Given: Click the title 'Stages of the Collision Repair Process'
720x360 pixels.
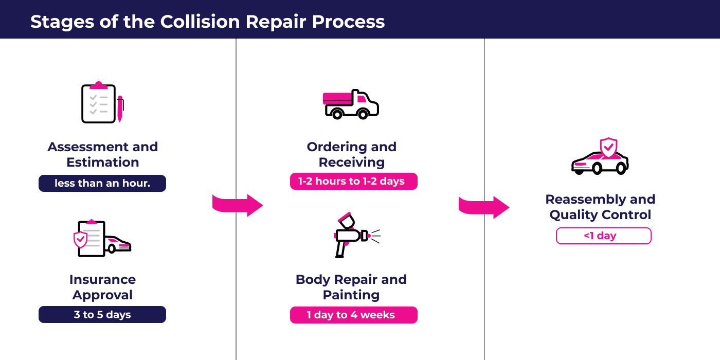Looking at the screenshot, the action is tap(207, 22).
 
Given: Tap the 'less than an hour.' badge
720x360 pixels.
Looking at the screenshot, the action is tap(102, 183).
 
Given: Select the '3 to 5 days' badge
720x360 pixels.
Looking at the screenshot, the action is tap(102, 314).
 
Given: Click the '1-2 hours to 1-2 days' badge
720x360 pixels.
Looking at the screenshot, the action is tap(354, 181).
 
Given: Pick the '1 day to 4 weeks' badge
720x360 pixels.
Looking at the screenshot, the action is tap(354, 315).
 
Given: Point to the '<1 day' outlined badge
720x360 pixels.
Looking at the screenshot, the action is tap(604, 236).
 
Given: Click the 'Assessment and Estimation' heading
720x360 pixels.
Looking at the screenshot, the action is tap(102, 154).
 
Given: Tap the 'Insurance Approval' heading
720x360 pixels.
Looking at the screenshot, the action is tap(102, 287).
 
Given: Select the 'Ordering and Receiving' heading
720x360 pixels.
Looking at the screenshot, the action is tap(352, 154).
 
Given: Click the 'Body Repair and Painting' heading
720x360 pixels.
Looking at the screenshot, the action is tap(351, 287).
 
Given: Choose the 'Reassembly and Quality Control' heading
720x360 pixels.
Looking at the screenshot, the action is tap(600, 207).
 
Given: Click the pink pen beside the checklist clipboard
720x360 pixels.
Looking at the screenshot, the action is tap(120, 109).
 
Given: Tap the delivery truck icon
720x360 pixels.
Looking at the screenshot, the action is tap(351, 104).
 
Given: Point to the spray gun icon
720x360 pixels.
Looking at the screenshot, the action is tap(357, 235).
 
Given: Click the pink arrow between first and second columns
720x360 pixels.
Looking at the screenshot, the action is tap(238, 205).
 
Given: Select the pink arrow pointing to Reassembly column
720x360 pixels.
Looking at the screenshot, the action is tap(484, 207).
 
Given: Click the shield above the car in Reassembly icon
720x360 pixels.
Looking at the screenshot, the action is tap(608, 148).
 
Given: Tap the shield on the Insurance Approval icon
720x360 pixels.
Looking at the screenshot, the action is tap(80, 240).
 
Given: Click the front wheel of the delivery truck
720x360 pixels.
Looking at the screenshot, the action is tap(363, 114).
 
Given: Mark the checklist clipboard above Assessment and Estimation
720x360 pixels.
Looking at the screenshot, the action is tap(98, 103).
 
